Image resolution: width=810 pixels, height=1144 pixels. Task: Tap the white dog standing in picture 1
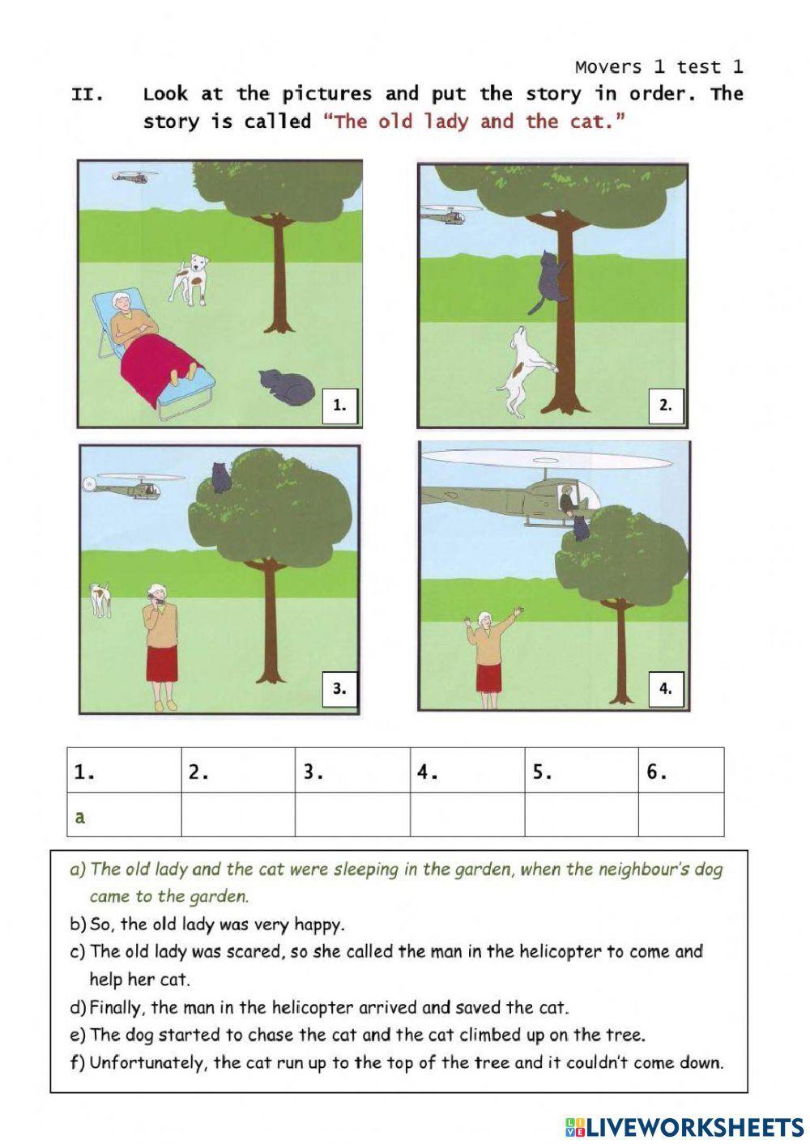190,278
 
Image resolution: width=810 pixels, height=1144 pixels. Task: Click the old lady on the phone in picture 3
160,644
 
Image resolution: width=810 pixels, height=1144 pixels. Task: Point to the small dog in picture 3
100,598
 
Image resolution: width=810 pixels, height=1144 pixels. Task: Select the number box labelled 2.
666,406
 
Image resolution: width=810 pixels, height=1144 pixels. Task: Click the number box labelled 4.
666,689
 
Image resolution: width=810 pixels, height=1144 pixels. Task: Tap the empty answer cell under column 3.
352,814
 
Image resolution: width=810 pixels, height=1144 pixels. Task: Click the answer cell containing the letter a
123,814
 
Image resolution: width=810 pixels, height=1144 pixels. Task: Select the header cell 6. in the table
680,772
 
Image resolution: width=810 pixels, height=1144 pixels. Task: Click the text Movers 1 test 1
659,66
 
